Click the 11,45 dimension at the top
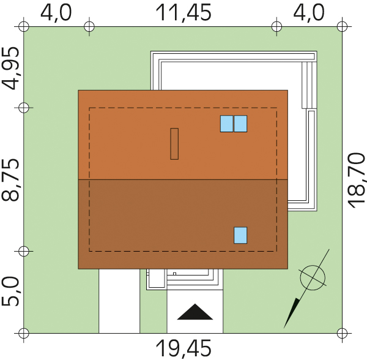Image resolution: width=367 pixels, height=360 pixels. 183,12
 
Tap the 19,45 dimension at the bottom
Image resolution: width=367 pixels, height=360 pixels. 183,348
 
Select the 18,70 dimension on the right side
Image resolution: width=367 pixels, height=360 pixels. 357,180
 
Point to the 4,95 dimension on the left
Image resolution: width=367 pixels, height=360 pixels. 10,68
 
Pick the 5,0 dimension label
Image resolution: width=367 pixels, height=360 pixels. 10,291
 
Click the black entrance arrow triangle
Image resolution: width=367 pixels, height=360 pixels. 195,312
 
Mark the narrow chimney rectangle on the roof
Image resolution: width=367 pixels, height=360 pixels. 174,144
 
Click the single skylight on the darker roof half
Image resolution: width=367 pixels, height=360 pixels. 240,235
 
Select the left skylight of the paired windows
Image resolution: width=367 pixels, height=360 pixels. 226,124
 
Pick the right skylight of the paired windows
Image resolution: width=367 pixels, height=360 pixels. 240,124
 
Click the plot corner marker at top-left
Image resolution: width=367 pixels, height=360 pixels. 24,26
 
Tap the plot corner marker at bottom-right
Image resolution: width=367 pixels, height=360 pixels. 342,333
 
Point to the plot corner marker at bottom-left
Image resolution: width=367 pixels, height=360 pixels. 24,333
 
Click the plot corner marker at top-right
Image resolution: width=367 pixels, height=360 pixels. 342,26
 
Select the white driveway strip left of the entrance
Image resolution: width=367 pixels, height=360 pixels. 119,301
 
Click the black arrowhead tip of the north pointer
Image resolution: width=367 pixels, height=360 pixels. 284,327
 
